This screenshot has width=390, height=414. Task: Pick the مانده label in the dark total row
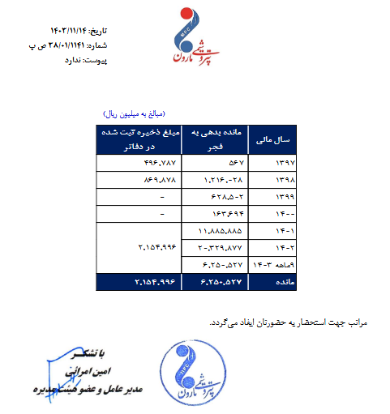tap(276, 281)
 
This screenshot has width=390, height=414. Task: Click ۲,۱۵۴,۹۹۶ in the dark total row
tap(139, 281)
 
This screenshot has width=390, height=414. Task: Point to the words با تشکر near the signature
tap(88, 354)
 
